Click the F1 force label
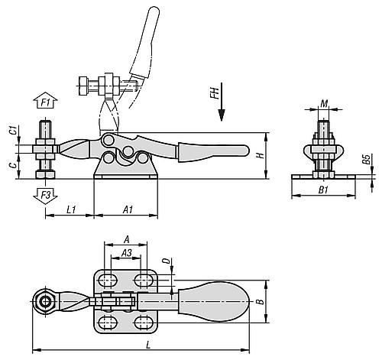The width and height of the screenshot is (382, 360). point(45,101)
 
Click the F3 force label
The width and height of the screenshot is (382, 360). point(45,195)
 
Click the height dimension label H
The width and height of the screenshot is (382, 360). point(262,154)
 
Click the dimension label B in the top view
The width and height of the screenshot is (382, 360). point(261,303)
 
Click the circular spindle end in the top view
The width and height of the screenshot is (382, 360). point(47,303)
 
